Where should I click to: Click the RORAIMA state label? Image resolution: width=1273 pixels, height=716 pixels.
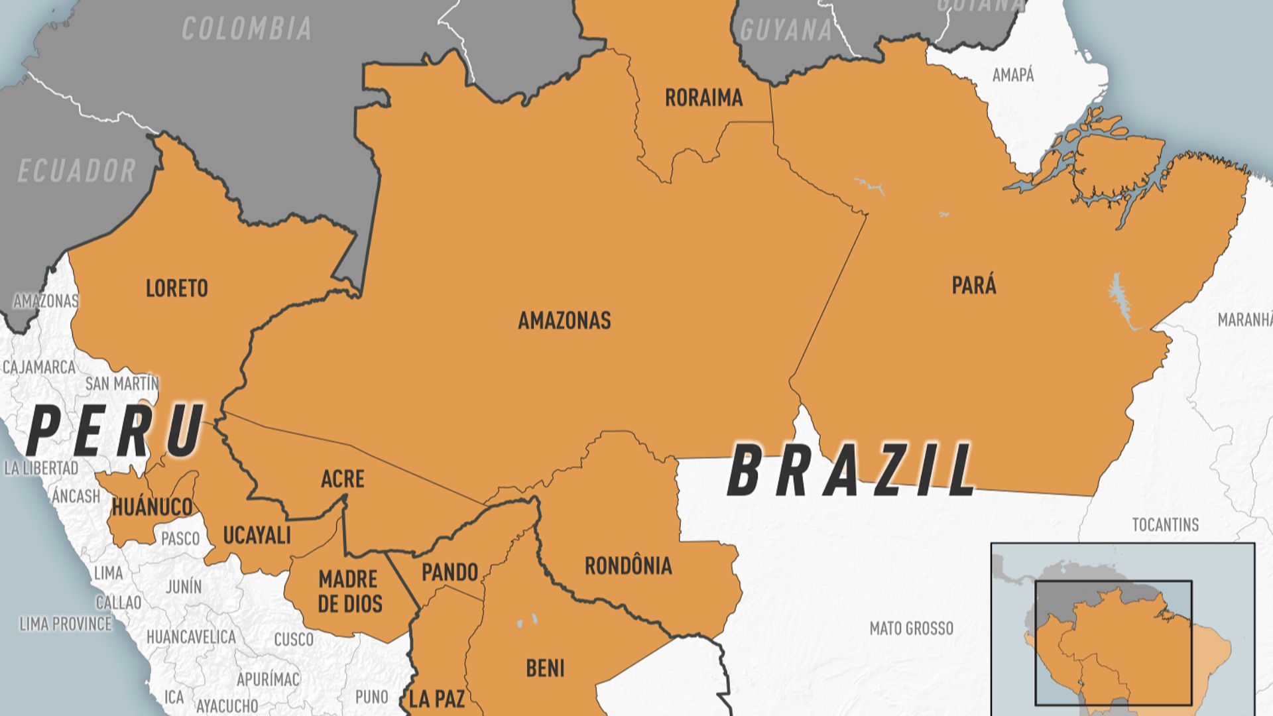(703, 98)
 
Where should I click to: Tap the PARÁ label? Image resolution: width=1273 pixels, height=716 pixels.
(973, 286)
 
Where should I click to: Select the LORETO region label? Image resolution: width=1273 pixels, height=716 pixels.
(176, 288)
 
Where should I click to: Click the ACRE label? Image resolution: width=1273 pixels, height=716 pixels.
(342, 479)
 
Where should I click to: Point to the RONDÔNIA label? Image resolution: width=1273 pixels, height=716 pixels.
(628, 566)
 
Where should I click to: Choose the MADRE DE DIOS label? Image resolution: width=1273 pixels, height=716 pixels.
(349, 591)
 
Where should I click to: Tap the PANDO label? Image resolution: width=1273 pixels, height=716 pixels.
(450, 572)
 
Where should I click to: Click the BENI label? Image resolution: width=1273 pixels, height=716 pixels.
(545, 668)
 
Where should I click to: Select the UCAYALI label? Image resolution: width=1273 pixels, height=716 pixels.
(257, 535)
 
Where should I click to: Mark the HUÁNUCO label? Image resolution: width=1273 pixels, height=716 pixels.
(152, 507)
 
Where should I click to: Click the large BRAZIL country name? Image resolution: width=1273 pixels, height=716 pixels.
(851, 471)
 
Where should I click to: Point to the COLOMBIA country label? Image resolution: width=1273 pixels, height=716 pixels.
(247, 29)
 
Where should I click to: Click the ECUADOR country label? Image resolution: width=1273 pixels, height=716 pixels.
(76, 171)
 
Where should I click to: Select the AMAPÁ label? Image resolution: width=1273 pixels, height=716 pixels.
(1012, 75)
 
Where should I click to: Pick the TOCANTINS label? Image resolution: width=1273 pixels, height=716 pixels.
(1165, 525)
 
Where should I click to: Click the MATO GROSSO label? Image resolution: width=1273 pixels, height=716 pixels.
(911, 628)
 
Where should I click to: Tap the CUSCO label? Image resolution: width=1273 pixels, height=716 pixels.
(293, 639)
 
